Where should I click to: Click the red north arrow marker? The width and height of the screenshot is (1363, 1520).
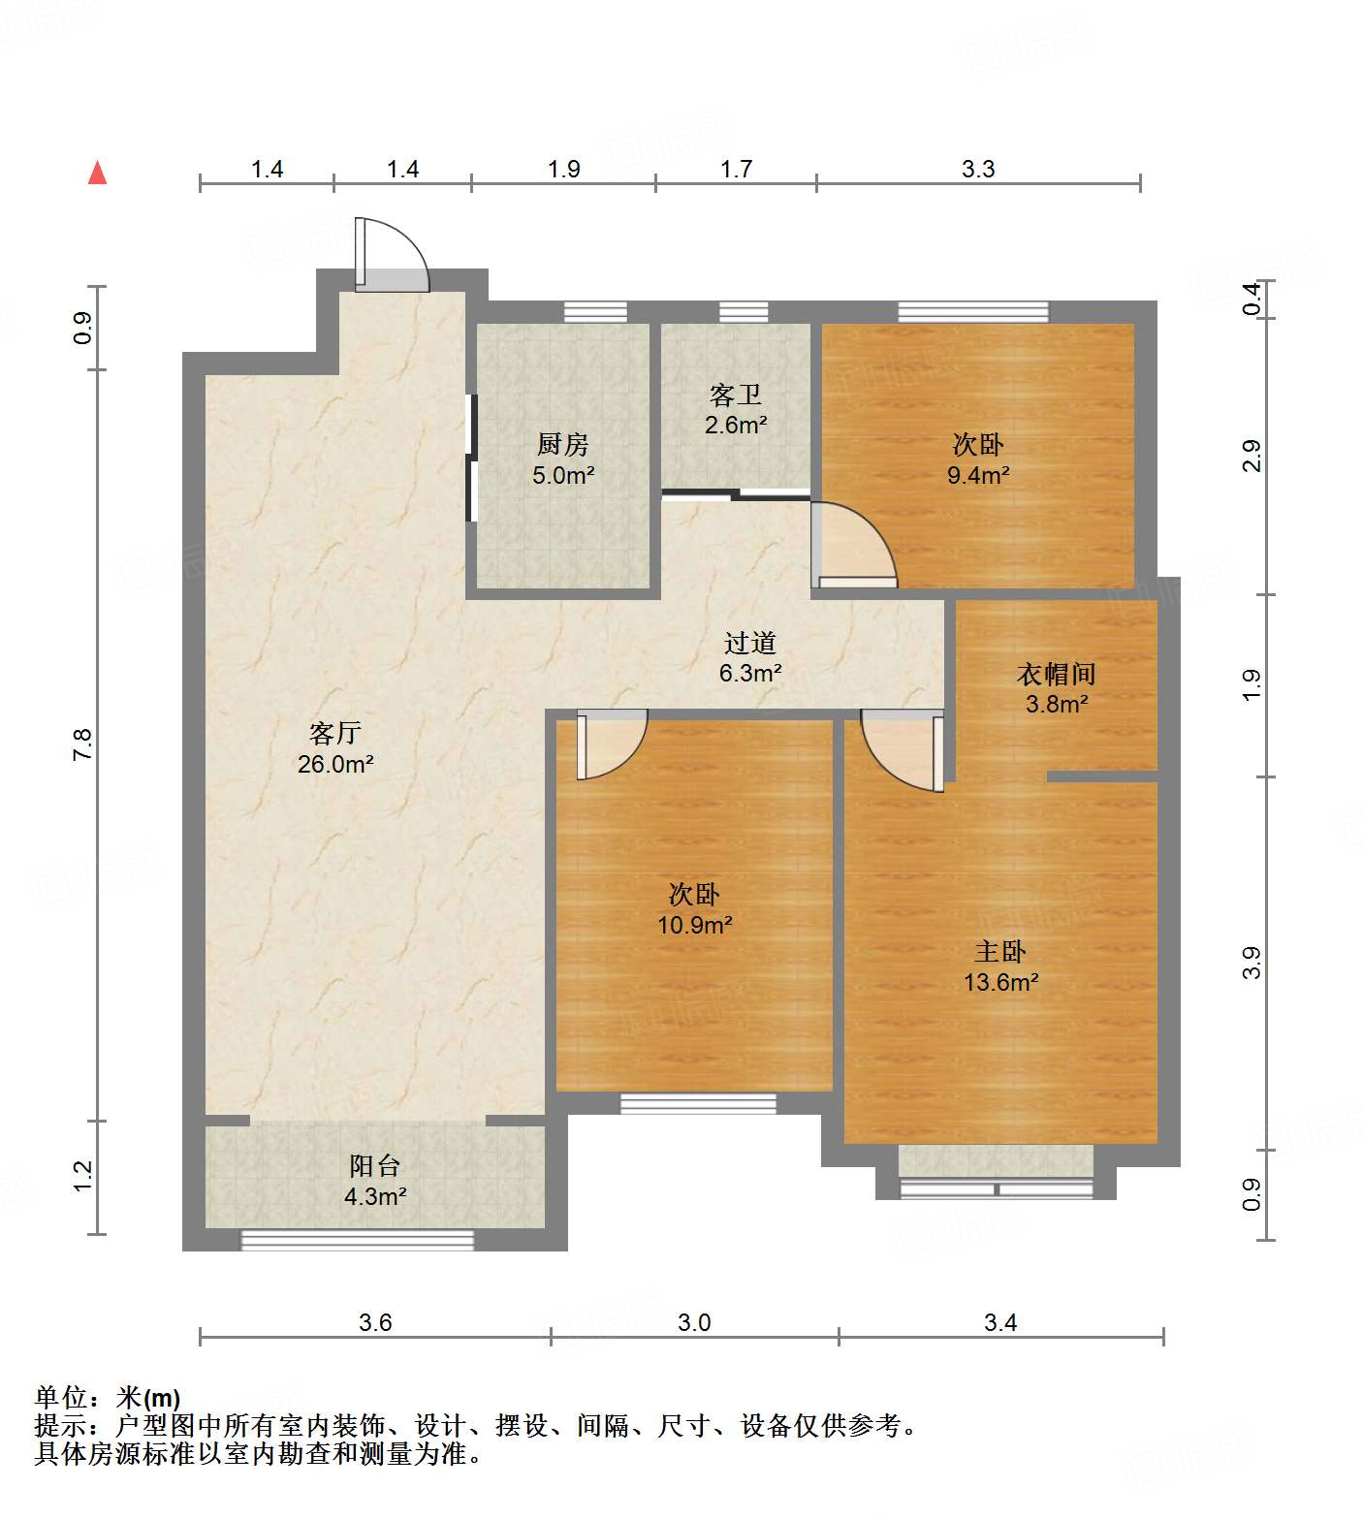tap(97, 173)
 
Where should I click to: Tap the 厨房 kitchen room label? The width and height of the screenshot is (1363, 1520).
tap(563, 445)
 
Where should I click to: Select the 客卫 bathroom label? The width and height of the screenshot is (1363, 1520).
tap(736, 395)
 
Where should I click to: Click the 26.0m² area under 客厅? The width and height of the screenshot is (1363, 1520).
tap(335, 764)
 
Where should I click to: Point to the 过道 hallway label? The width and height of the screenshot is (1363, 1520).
tap(750, 643)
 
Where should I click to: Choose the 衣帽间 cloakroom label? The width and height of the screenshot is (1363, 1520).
tap(1056, 674)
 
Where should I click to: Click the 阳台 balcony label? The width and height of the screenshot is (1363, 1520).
tap(374, 1166)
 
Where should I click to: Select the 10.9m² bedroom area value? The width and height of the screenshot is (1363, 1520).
tap(694, 925)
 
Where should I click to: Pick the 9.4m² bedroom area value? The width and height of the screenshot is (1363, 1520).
tap(978, 475)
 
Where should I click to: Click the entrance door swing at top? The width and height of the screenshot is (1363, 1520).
tap(392, 255)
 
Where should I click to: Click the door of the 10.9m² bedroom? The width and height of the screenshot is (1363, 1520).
tap(611, 744)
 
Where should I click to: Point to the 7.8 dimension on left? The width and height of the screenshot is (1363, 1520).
tap(83, 744)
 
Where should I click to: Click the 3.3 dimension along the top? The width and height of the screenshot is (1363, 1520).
tap(978, 169)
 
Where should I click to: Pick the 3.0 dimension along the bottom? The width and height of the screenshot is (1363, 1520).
tap(694, 1322)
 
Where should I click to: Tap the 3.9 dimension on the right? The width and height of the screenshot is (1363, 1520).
tap(1252, 963)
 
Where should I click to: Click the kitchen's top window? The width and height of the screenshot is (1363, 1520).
tap(595, 312)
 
